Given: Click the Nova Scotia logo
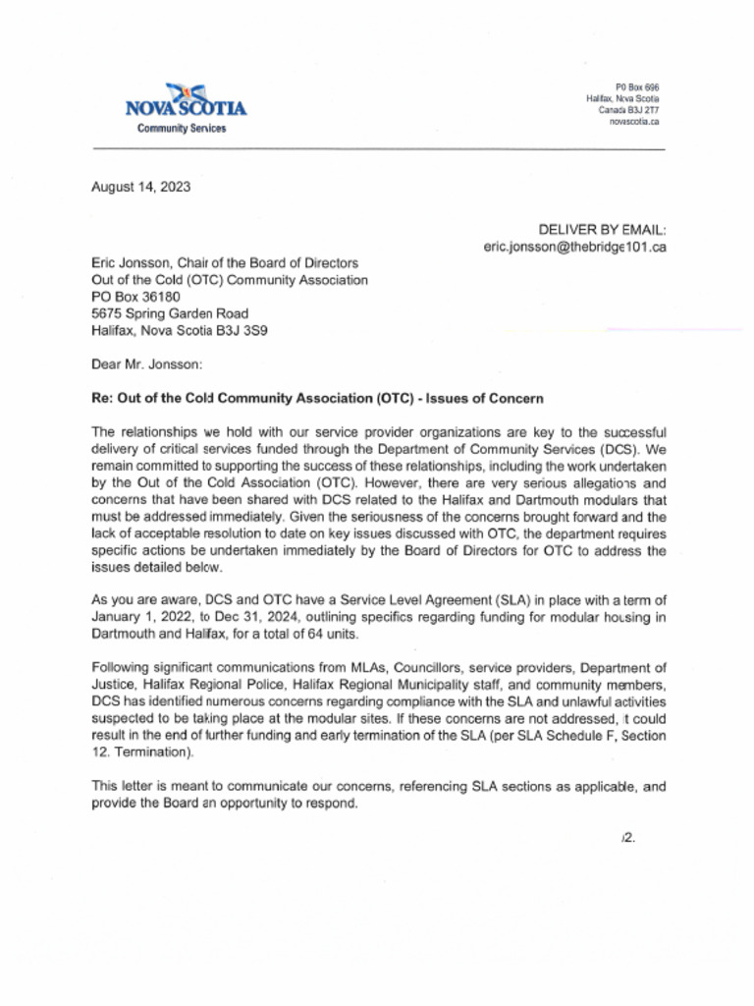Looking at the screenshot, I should (x=186, y=101).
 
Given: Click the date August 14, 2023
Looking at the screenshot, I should (x=140, y=188).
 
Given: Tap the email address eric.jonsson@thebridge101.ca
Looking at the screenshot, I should (x=574, y=247).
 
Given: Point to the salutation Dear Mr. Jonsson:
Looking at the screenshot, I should (x=146, y=364).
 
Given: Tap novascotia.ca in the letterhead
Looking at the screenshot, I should (x=633, y=122).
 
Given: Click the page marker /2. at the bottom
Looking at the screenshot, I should (x=628, y=838).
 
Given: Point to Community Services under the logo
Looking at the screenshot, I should (x=181, y=129).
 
